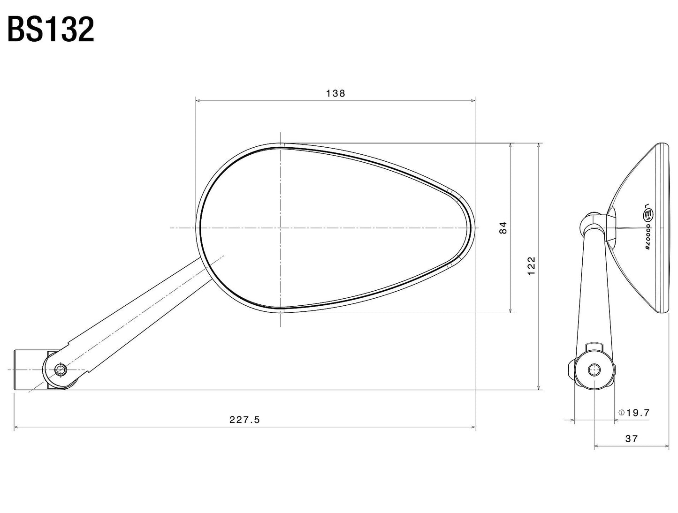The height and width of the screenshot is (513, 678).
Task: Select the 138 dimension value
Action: (x=335, y=93)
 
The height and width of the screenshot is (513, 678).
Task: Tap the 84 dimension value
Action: (x=503, y=228)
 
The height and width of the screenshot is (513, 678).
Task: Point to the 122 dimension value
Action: (x=531, y=266)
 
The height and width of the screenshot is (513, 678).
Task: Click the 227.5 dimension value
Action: (x=244, y=420)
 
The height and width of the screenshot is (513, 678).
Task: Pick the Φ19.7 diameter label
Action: (x=634, y=413)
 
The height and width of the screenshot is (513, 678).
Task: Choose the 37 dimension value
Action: (x=632, y=439)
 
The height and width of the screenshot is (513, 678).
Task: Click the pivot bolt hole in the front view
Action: (x=59, y=370)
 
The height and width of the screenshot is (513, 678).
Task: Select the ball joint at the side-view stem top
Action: (x=592, y=222)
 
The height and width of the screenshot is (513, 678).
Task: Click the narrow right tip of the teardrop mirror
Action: (x=471, y=228)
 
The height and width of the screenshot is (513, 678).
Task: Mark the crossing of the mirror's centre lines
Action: (x=280, y=228)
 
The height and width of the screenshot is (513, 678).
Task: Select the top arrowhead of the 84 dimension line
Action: (x=511, y=145)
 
